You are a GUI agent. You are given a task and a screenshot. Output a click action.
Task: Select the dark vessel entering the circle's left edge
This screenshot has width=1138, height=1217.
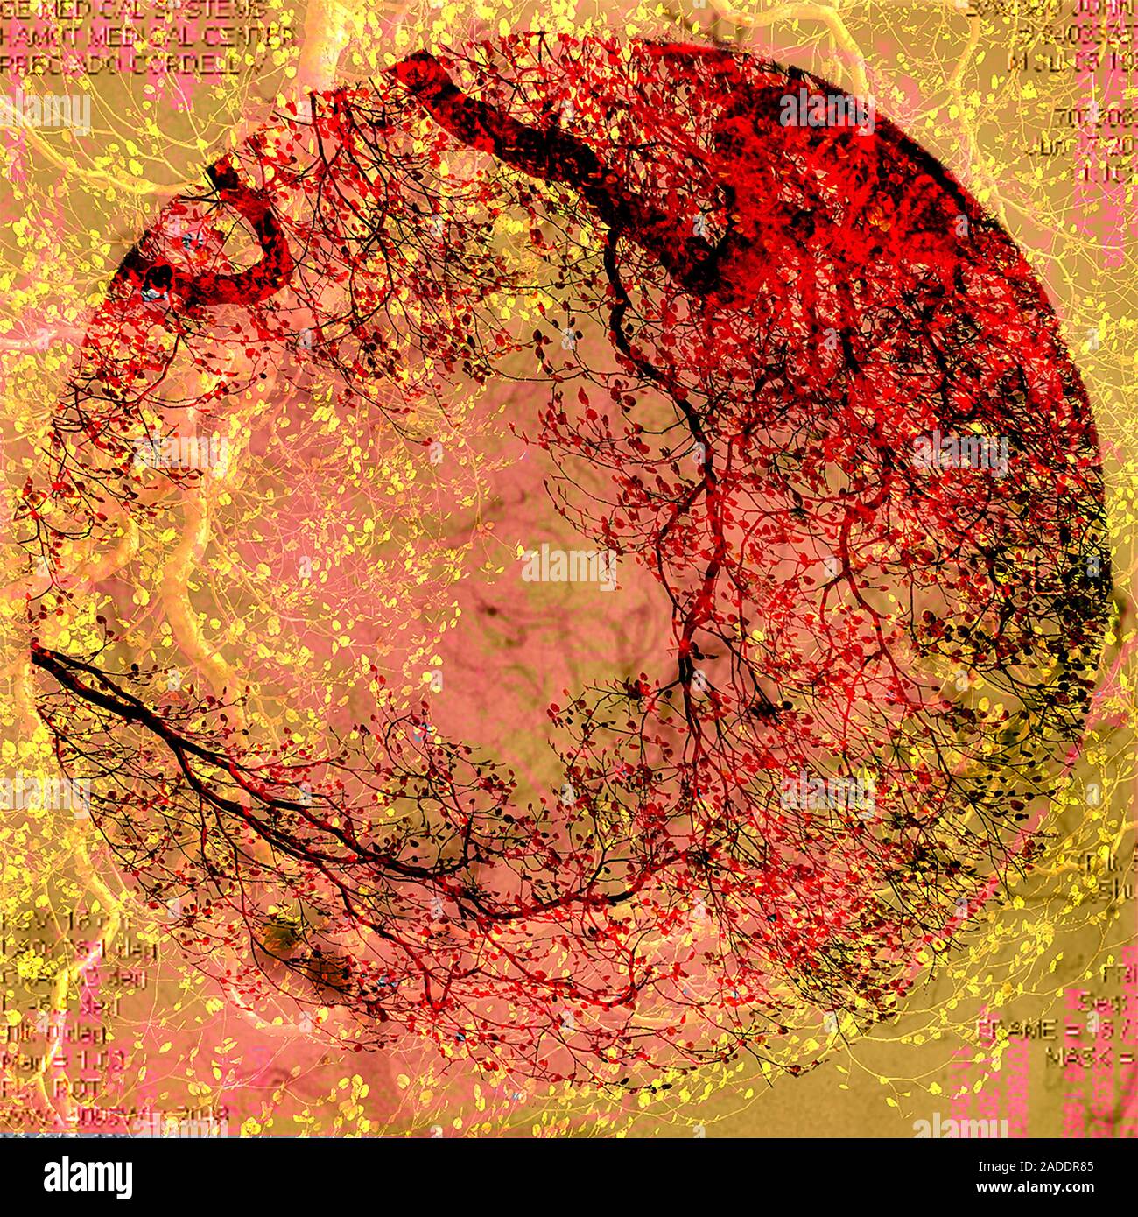(105, 692)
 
